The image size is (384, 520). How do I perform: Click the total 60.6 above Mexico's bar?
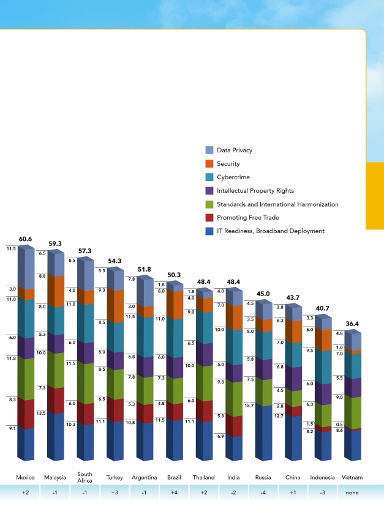pos(25,239)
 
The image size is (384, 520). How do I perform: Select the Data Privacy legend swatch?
pos(209,150)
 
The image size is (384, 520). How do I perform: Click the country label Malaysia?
pos(55,477)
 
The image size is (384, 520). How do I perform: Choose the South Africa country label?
pos(85,477)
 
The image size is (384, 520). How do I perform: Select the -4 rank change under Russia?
pos(263,492)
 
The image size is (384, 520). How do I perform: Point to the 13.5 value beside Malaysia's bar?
pos(42,413)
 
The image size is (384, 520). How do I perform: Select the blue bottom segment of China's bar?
pos(293,437)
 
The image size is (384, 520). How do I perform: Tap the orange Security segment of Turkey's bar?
pos(115,306)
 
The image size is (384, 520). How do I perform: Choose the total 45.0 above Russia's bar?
pos(263,294)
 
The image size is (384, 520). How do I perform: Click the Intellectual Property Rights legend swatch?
pos(209,190)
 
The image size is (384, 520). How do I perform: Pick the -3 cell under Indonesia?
pos(322,492)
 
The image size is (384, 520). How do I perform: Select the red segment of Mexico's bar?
pos(25,413)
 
